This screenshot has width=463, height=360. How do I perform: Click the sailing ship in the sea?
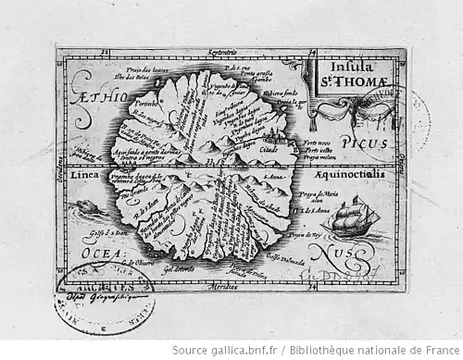pyautogui.click(x=357, y=219)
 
